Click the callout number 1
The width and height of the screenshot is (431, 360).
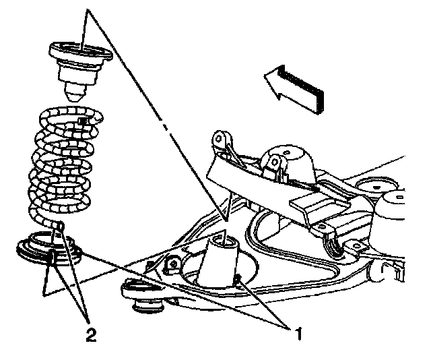coord(298,333)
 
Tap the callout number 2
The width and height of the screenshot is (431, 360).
coord(91,334)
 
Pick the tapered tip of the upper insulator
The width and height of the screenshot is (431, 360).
coord(75,93)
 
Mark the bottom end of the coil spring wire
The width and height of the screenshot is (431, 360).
coord(60,226)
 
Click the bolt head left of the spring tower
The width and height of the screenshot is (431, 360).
coord(172,264)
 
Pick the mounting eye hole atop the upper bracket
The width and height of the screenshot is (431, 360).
coord(219,138)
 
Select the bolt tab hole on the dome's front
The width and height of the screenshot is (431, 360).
coord(274,162)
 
